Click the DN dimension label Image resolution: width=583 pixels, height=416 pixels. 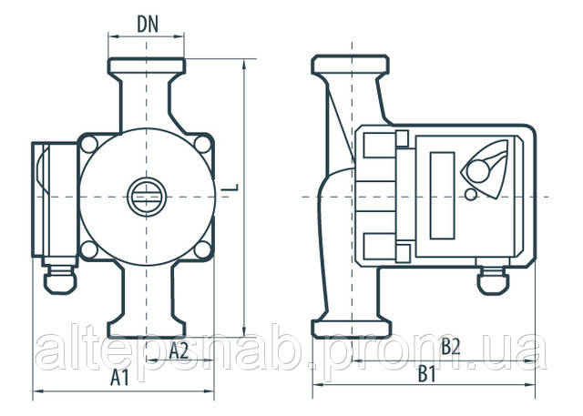148,25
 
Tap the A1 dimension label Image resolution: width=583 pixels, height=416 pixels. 119,378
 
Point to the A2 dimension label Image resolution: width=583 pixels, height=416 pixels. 179,351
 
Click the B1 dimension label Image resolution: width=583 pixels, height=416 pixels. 426,373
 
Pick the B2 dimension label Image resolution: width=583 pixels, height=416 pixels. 451,347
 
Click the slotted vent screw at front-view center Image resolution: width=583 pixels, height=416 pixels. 147,197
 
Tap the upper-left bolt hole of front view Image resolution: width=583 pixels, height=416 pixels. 89,145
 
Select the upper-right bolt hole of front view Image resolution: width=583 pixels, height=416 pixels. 203,144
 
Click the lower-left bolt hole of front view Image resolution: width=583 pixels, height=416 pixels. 89,249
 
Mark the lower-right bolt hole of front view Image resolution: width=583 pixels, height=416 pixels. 203,249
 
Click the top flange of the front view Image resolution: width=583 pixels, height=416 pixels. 147,66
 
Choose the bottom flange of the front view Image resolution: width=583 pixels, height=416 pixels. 147,330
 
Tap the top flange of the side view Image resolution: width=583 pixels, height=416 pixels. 350,65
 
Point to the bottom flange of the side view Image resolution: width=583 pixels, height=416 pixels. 352,329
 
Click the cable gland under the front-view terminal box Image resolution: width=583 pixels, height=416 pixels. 60,279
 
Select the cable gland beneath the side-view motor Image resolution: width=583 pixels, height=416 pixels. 493,280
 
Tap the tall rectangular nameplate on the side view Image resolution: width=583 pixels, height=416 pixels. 442,196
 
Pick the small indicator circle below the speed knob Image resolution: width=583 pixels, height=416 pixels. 471,195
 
